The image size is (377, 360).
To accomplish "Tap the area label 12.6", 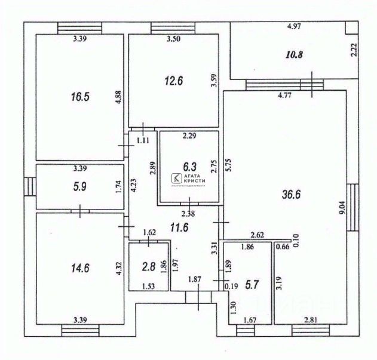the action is pyautogui.click(x=173, y=81).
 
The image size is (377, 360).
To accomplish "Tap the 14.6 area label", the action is pyautogui.click(x=80, y=268).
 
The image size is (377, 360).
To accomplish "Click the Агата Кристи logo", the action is pyautogui.click(x=188, y=179).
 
